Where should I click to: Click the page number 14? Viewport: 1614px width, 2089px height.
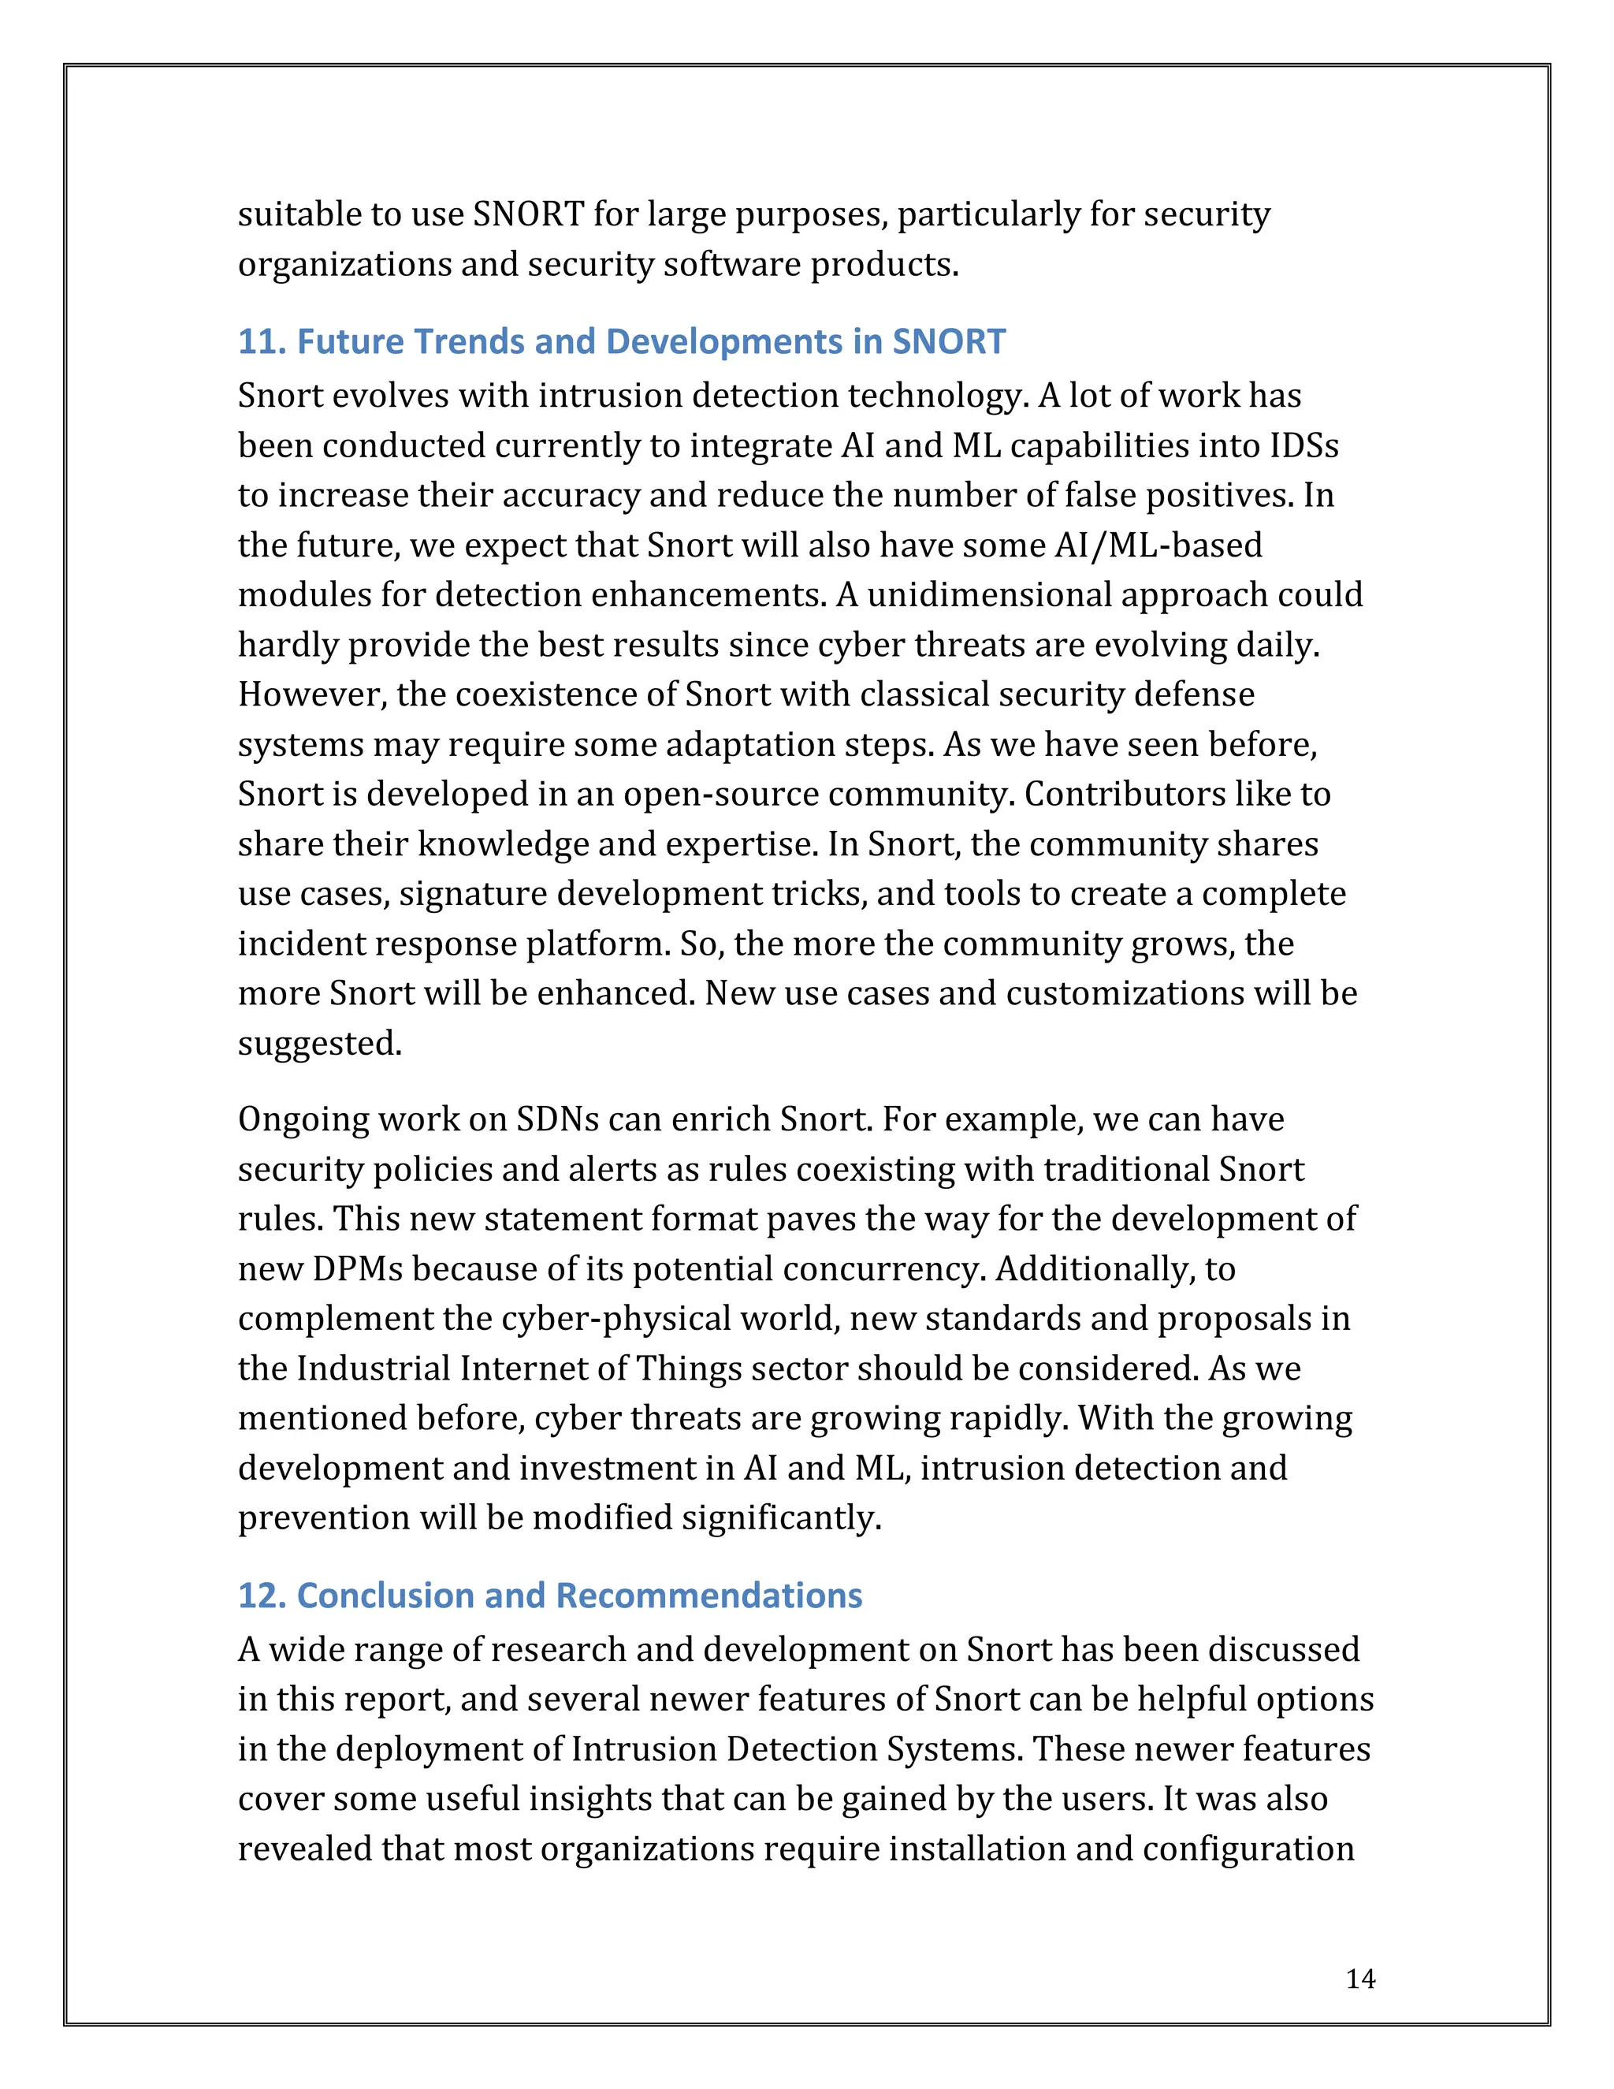1359,1979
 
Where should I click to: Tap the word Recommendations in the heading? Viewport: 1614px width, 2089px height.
708,1596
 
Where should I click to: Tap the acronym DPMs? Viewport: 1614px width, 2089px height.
355,1269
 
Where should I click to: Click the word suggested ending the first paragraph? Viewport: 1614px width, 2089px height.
318,1044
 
